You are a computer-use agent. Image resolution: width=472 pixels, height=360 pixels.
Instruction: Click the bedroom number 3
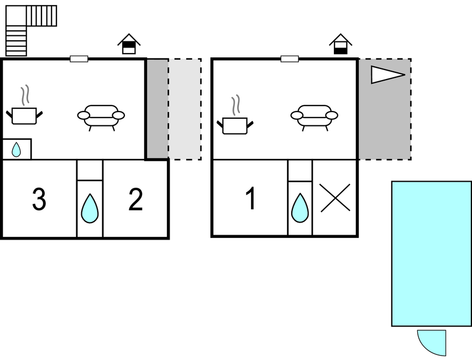(39, 199)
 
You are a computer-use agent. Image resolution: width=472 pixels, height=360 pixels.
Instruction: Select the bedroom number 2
(135, 199)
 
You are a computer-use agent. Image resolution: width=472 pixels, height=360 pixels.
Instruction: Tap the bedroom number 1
(251, 198)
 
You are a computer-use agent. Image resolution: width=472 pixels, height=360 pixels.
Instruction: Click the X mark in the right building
(335, 198)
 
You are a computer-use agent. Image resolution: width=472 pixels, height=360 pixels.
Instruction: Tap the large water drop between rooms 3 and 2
(90, 208)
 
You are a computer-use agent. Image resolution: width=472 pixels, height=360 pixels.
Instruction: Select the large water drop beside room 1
(300, 208)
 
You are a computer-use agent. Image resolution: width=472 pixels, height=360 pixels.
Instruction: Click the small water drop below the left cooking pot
(16, 150)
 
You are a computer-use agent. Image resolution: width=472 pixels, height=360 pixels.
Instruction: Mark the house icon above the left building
(129, 44)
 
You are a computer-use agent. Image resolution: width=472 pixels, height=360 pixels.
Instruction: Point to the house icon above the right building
(340, 44)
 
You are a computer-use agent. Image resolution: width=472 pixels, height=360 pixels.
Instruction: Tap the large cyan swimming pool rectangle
(431, 253)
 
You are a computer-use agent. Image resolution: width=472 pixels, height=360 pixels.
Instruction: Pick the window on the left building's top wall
(79, 59)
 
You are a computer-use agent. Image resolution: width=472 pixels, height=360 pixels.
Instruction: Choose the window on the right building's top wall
(290, 59)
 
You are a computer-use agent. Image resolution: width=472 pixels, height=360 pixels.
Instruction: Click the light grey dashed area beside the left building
(185, 109)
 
